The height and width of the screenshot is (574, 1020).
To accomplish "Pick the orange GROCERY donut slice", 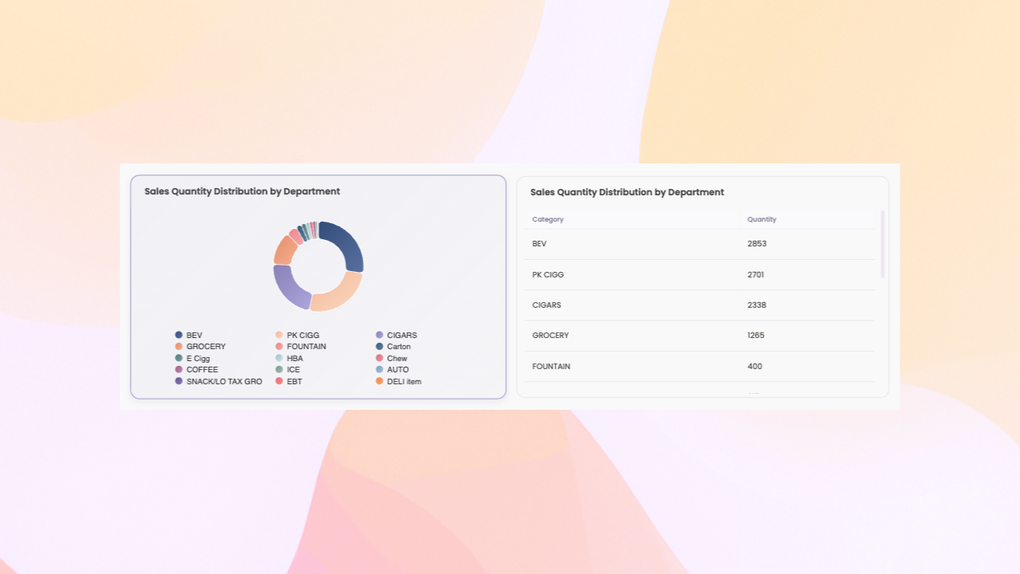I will point(284,250).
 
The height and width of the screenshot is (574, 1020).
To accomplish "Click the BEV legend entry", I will point(194,336).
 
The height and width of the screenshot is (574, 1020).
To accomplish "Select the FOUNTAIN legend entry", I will point(306,347).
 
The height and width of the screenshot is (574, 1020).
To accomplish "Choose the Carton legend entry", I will point(398,347).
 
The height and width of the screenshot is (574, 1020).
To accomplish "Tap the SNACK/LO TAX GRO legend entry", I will point(224,382).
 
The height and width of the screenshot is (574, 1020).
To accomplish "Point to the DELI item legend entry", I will point(403,382).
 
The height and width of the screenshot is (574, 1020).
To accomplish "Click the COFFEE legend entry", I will point(202,370).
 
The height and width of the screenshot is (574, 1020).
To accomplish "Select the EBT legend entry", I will point(294,382).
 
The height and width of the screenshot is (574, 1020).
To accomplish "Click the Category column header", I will point(547,219).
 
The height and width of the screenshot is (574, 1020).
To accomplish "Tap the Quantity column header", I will point(762,219).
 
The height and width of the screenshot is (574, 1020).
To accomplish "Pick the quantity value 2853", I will point(756,244).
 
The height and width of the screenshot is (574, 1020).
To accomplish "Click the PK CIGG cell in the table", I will point(547,275).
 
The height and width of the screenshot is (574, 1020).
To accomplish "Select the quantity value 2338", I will point(756,305).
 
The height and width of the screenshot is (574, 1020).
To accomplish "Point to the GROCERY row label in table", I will point(550,336).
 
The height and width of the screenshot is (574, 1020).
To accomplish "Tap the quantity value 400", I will point(755,367).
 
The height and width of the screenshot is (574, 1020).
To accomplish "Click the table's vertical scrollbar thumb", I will point(882,244).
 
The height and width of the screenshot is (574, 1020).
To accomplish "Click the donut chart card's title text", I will point(242,191).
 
